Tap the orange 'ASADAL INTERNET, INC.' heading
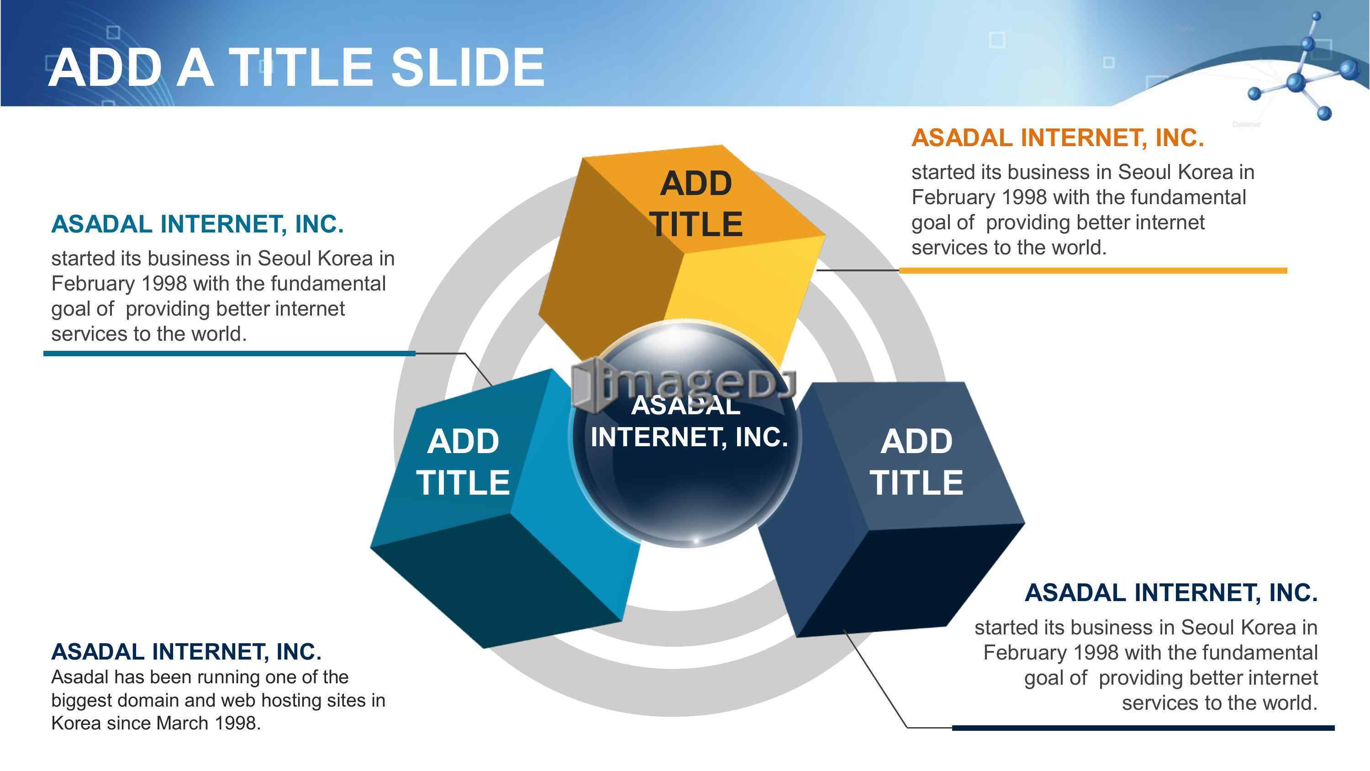coord(1057,138)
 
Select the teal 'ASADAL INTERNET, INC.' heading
coord(197,224)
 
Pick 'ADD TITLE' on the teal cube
coord(463,461)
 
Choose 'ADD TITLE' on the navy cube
coord(917,461)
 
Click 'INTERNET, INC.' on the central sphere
coord(689,438)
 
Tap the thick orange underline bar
coord(1093,270)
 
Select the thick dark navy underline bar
coord(1143,727)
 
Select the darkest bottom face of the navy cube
coord(909,580)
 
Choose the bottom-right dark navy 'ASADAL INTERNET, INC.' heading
coord(1171,593)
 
